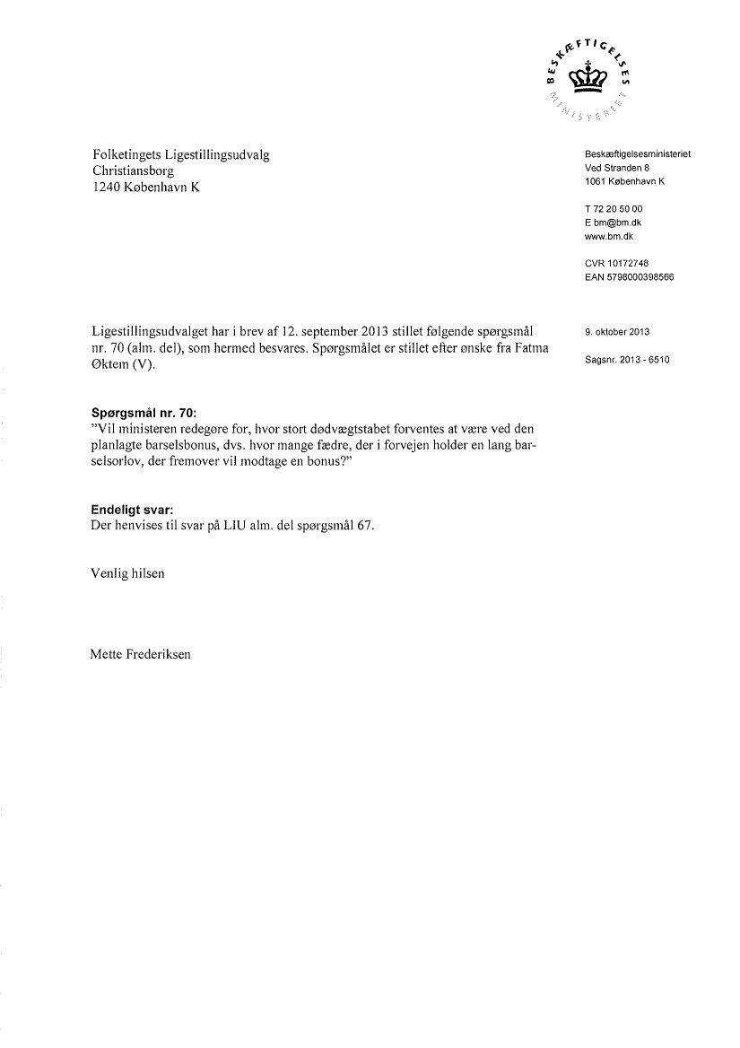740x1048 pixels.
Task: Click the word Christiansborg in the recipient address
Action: point(133,170)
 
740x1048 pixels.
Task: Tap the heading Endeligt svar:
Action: point(132,511)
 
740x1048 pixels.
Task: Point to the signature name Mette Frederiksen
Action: point(141,653)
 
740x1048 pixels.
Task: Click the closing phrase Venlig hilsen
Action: point(127,572)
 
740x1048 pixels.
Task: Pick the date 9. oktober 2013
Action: point(616,332)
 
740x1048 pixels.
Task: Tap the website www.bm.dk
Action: point(609,235)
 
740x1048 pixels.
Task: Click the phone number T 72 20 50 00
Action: point(613,209)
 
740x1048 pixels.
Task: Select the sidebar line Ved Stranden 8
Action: point(616,168)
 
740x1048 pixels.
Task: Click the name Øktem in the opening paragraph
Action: point(111,364)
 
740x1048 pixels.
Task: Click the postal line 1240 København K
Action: point(145,187)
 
